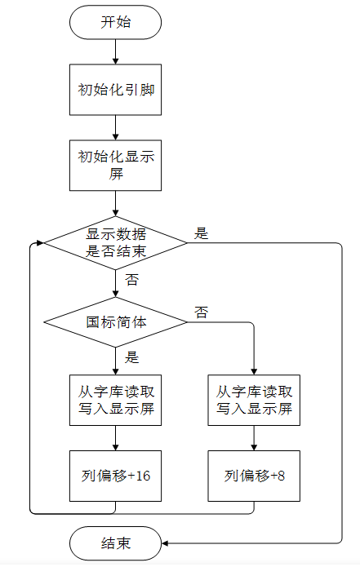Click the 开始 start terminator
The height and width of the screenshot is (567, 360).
tap(115, 22)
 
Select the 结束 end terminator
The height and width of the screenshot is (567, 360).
tap(115, 543)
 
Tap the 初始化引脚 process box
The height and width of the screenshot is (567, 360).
tap(115, 90)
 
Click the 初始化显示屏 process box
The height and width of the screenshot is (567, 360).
tap(115, 166)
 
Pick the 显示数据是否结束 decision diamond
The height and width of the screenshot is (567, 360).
tap(115, 242)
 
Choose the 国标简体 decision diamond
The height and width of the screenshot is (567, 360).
tap(115, 321)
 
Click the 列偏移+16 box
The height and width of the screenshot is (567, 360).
tap(115, 476)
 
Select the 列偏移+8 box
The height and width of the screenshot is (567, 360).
tap(254, 476)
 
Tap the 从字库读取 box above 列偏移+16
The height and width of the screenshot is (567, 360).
tap(115, 400)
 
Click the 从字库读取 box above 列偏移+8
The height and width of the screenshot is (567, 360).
tap(254, 400)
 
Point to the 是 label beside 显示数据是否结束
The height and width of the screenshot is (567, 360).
tap(201, 233)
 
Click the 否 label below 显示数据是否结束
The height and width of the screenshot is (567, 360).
tap(131, 280)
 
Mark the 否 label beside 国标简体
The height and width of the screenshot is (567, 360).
tap(201, 312)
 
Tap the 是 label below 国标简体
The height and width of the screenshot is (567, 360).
tap(131, 357)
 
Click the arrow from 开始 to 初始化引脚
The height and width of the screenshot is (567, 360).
tap(115, 51)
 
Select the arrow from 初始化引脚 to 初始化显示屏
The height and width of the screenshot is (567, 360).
tap(115, 127)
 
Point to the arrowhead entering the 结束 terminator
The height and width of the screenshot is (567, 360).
tap(165, 543)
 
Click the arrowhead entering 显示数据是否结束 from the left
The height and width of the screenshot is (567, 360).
tap(40, 242)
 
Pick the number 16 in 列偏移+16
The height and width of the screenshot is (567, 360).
tap(143, 476)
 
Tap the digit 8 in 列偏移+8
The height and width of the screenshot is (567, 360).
tap(281, 476)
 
